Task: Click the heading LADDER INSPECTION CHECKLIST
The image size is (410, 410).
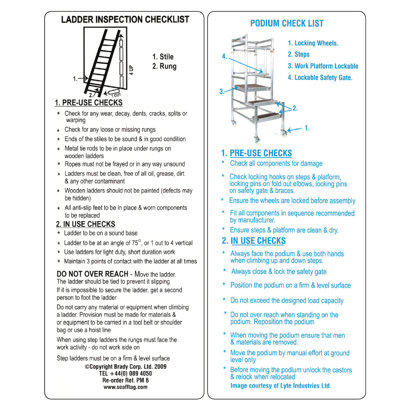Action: tap(125, 20)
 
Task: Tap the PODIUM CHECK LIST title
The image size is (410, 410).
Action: tap(287, 24)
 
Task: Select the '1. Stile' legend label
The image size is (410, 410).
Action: tap(163, 57)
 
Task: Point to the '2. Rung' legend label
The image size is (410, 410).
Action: tap(164, 66)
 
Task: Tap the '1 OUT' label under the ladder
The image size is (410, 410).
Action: tap(114, 94)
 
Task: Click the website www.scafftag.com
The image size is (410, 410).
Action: tap(125, 387)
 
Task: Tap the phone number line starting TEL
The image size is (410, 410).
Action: tap(125, 374)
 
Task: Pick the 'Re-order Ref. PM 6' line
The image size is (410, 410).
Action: tap(125, 380)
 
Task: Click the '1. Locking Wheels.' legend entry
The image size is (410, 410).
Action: tap(313, 43)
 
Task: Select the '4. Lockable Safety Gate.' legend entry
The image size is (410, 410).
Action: tap(320, 77)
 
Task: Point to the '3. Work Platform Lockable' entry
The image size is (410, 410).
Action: tap(323, 66)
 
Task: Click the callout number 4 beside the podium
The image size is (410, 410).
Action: tap(224, 57)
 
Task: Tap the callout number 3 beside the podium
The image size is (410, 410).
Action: tap(222, 91)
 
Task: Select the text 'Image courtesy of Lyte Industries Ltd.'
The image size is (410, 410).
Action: tap(280, 386)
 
